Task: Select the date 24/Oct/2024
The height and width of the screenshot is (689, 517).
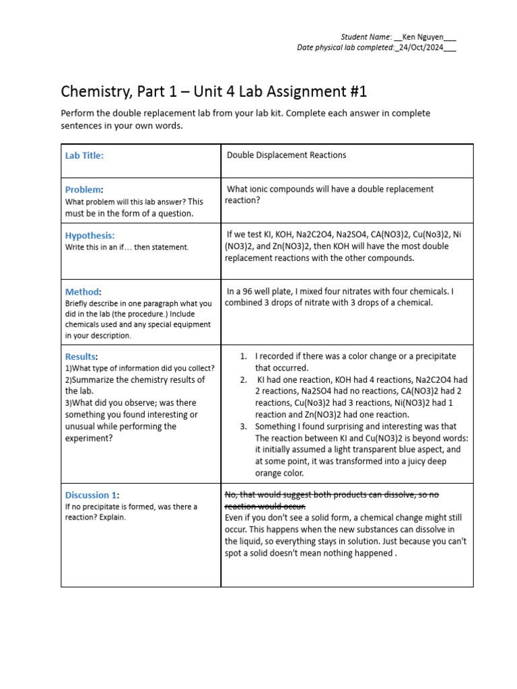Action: point(426,48)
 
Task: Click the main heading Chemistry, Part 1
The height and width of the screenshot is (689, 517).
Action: point(214,92)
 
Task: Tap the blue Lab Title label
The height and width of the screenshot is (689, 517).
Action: point(84,155)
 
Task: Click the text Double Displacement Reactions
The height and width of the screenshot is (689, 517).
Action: point(286,155)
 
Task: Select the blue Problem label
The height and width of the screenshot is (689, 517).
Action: point(83,190)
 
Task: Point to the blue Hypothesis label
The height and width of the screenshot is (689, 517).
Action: point(90,235)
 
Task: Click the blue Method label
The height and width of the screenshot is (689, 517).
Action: point(82,292)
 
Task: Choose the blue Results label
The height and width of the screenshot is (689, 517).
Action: point(81,357)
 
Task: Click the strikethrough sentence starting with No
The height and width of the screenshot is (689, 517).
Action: point(331,500)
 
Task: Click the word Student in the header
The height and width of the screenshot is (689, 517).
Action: point(354,36)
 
